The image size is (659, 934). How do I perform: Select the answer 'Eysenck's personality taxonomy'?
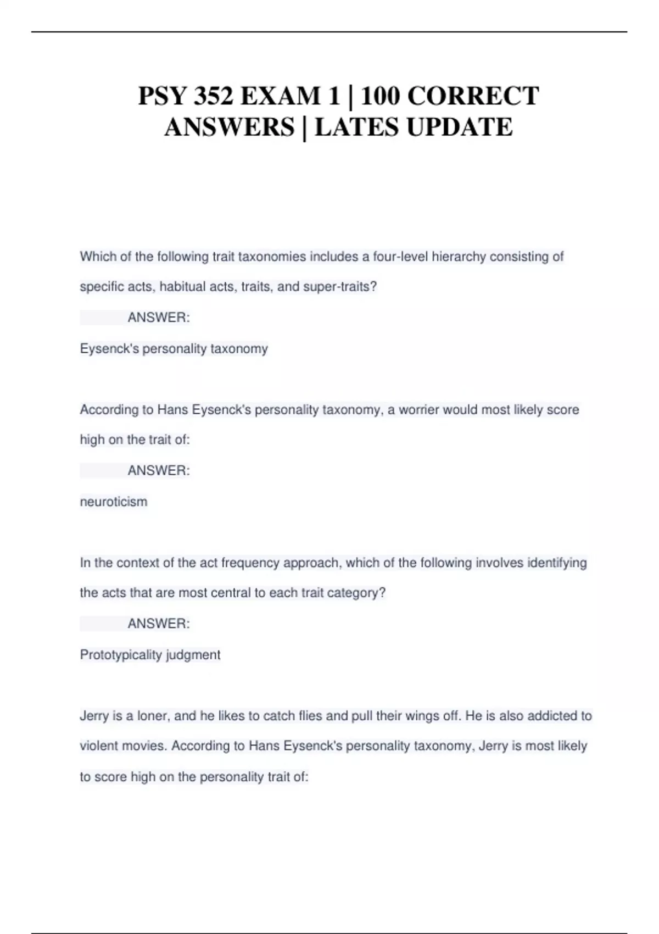pos(174,349)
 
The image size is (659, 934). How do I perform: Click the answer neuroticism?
pos(114,502)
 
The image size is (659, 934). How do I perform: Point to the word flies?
pos(310,716)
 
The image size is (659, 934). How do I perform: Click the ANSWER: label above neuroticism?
pos(159,471)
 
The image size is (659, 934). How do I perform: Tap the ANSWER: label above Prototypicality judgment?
pos(159,624)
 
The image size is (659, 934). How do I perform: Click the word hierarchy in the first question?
pos(459,257)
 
